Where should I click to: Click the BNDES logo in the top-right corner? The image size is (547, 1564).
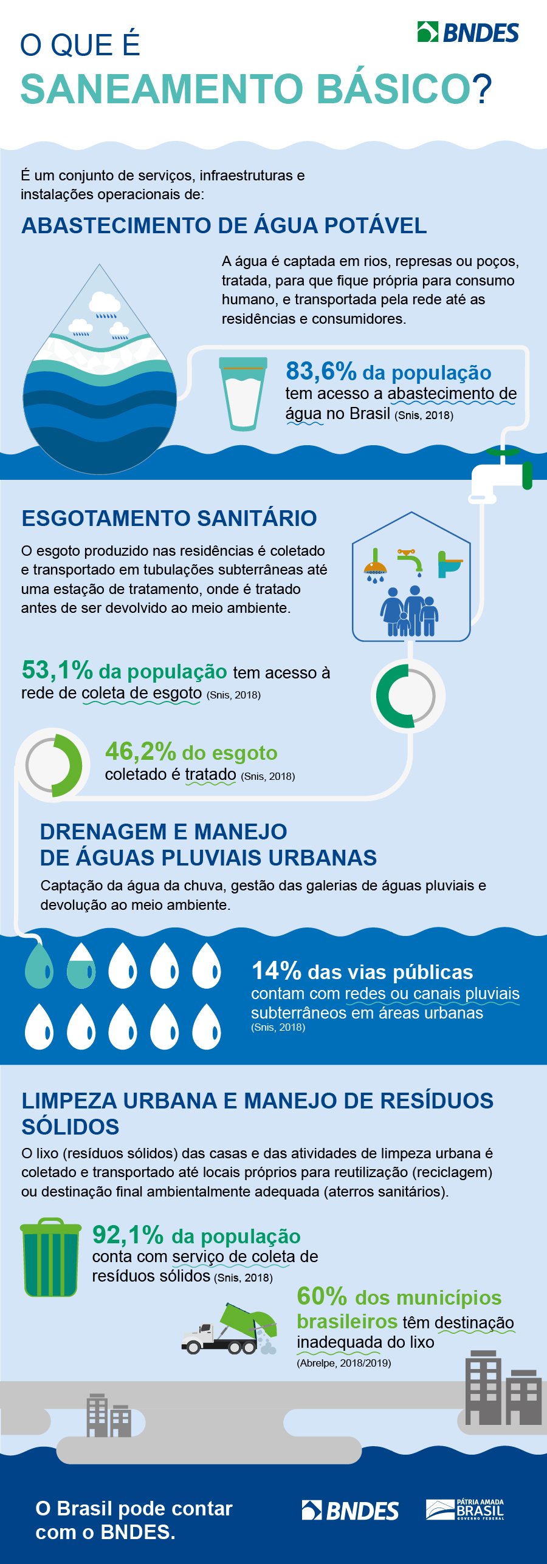coord(468,32)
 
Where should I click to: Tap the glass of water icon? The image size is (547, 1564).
coord(243,393)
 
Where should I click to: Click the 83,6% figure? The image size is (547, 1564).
coord(321,371)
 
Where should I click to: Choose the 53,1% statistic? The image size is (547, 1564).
coord(57,671)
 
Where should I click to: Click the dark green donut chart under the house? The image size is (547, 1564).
coord(407,695)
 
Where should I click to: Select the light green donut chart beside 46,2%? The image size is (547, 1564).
coord(53,765)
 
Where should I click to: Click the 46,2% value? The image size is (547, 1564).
coord(140,752)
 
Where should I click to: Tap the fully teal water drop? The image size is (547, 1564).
coord(39,966)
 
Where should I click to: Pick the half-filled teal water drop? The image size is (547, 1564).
coord(81,966)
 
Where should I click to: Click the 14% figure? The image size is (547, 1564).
coord(277,971)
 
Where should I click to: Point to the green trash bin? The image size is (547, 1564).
coord(50,1257)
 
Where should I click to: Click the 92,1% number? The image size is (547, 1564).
coord(128,1235)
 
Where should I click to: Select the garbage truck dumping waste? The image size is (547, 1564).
coord(230,1331)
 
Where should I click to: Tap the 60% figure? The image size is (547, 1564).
coord(322,1296)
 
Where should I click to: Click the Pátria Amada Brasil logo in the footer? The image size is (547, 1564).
coord(465,1509)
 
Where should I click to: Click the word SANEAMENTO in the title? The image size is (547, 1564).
coord(162,89)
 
